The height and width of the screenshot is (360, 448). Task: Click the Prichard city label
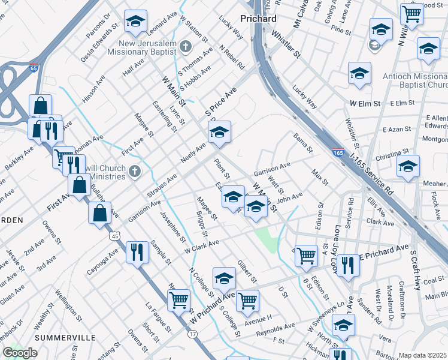258,19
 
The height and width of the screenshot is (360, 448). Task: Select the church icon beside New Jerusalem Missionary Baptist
186,46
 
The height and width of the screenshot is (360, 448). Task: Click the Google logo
20,353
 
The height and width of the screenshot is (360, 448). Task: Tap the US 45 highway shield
114,236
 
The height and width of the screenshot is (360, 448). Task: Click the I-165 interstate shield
338,153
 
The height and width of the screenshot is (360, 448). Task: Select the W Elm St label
365,103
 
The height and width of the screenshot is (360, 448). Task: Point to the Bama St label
299,140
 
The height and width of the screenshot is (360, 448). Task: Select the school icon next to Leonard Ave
136,22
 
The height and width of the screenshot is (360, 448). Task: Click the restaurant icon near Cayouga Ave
137,252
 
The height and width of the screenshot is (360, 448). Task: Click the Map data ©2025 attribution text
423,355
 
